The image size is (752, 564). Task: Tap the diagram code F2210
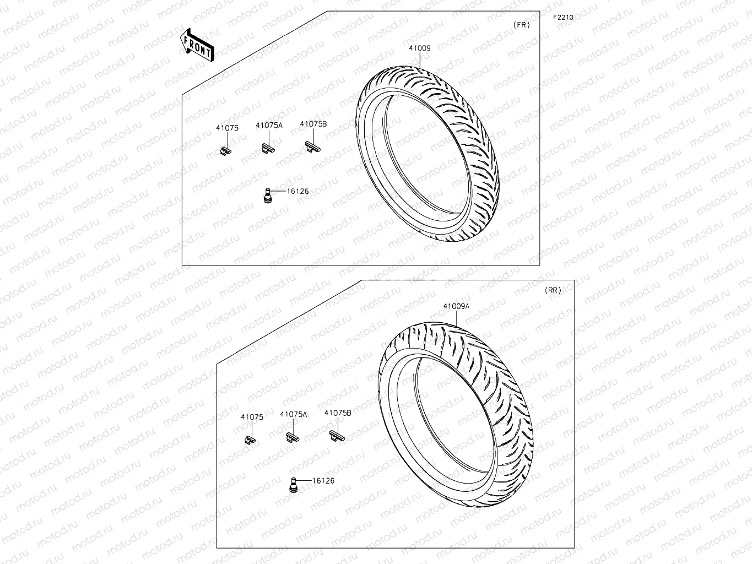point(563,18)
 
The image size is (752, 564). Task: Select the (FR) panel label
point(521,25)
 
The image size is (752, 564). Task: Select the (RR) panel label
point(553,290)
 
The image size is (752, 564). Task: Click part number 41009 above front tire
point(419,48)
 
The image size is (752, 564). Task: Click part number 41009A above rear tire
point(456,306)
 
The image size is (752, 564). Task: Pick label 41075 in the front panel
point(227,128)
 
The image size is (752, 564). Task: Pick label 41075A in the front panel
point(269,126)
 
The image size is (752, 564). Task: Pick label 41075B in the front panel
point(313,124)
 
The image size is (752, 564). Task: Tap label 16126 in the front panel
point(297,192)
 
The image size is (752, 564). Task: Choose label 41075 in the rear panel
point(252,417)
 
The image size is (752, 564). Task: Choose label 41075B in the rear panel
point(338,413)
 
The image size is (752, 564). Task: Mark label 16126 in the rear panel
point(323,481)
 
